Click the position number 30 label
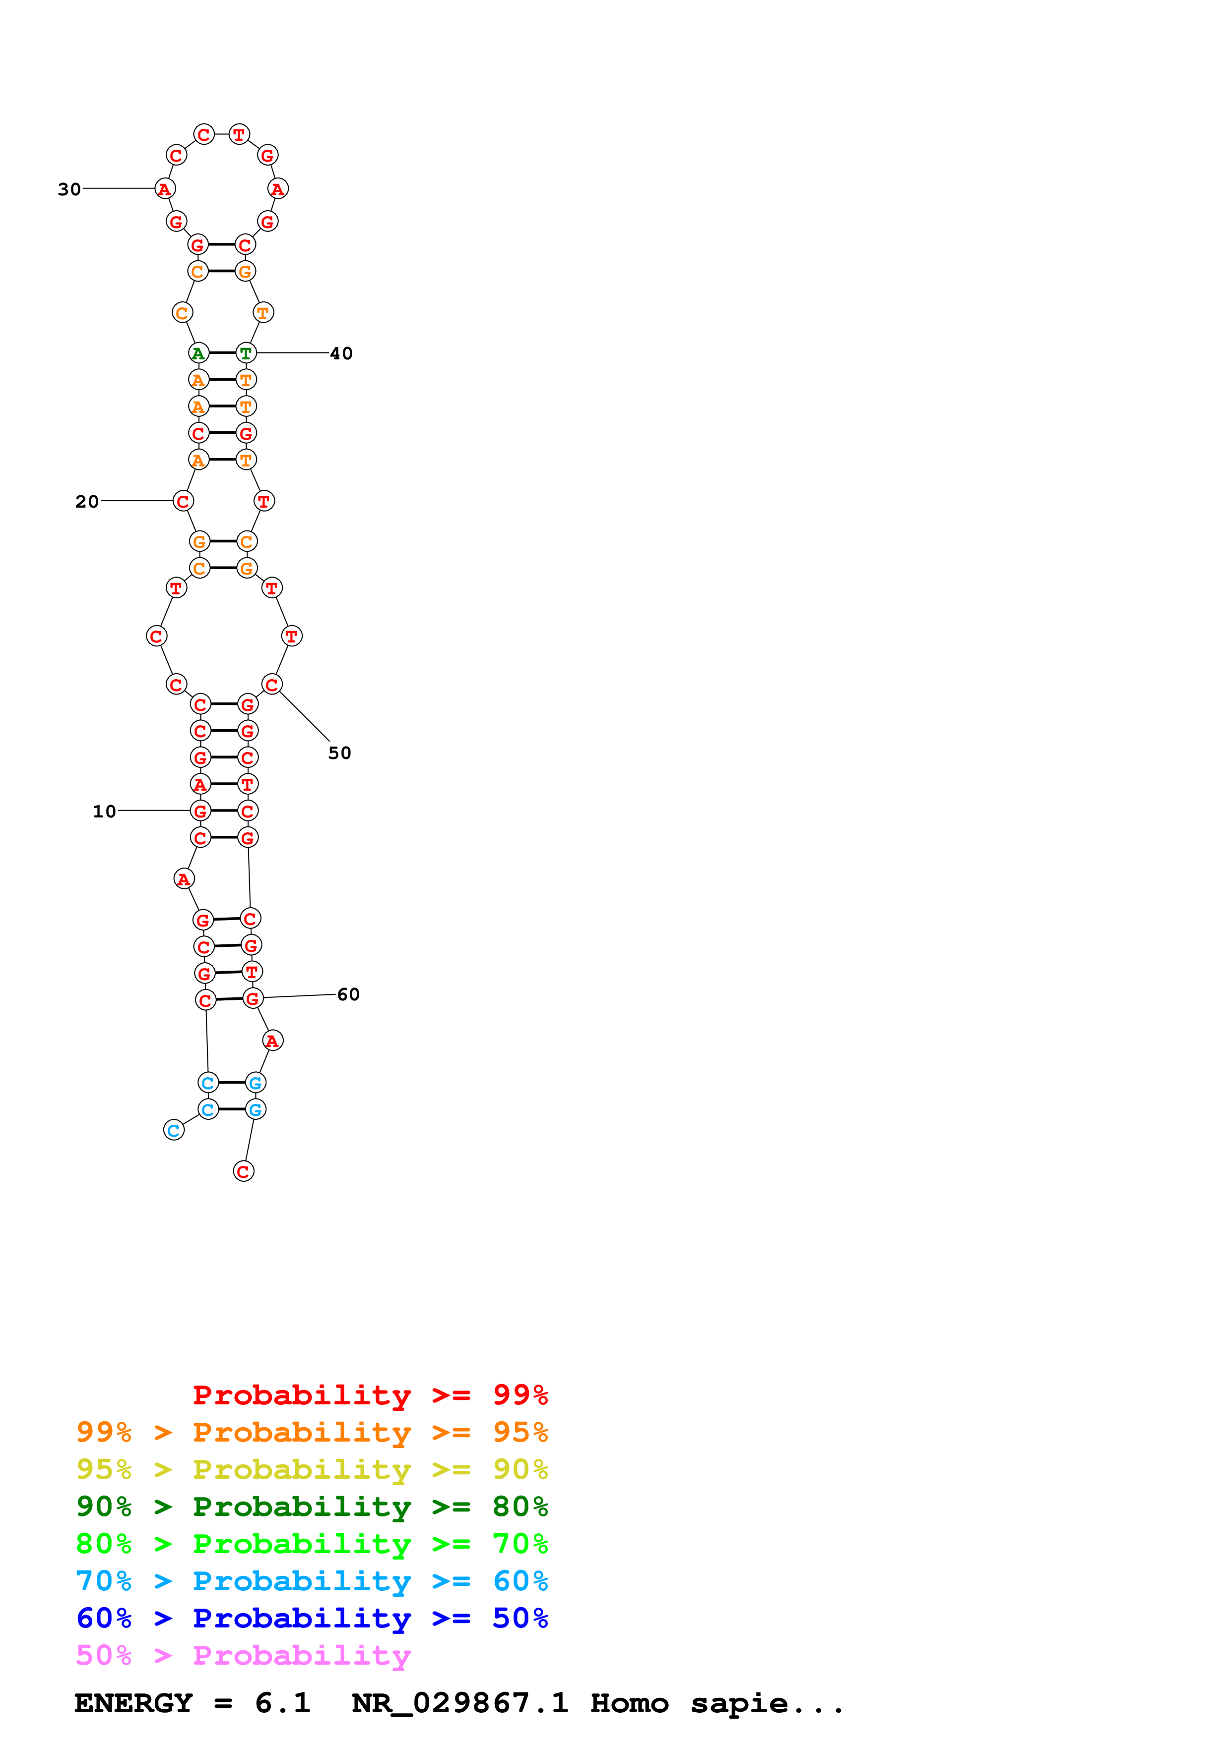(69, 189)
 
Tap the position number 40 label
(341, 354)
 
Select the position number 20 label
(86, 501)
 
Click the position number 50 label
(339, 753)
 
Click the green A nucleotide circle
(198, 353)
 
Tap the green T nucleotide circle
(246, 353)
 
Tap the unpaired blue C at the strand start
(174, 1131)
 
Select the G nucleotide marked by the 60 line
(253, 999)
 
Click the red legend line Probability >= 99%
(370, 1395)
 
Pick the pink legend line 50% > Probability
(243, 1655)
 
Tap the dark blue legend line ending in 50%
(312, 1618)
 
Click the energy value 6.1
(283, 1703)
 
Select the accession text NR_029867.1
(460, 1703)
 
